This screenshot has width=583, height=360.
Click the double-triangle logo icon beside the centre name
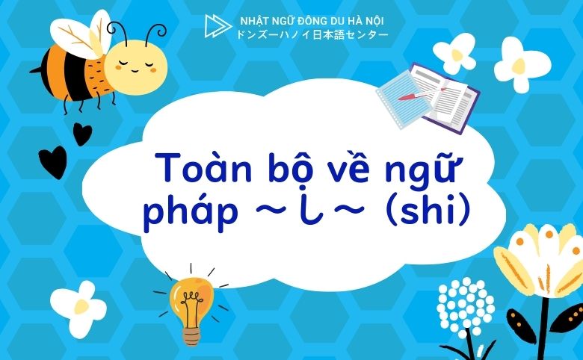[216, 26]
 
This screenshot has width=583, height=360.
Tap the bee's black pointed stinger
[34, 72]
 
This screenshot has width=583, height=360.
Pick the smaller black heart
[82, 134]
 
